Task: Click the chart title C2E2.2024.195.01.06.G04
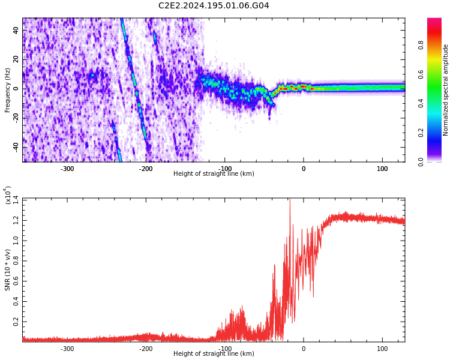point(214,6)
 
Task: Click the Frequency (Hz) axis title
point(8,90)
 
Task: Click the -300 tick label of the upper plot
point(67,169)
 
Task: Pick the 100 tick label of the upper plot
point(382,169)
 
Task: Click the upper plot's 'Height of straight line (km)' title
point(214,174)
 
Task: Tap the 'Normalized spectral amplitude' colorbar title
point(446,90)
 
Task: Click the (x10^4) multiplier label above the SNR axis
point(8,196)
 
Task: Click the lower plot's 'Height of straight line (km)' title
point(214,354)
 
